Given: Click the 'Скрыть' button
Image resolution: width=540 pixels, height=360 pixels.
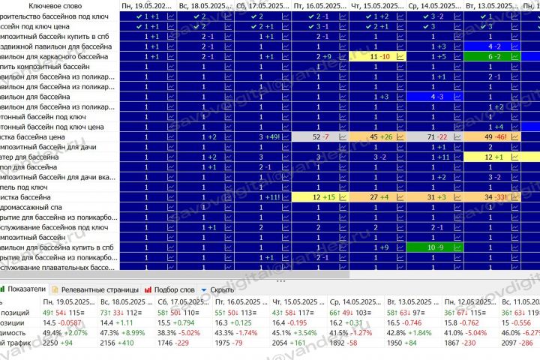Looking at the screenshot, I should [220, 289].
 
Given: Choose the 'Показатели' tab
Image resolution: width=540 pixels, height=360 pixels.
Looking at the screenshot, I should [27, 289].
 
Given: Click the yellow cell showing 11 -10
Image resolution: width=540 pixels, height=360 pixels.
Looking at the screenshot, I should [379, 56].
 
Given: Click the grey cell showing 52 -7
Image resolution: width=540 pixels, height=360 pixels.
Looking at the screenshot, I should [320, 136].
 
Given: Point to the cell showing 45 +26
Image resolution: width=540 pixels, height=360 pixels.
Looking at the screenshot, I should [379, 136].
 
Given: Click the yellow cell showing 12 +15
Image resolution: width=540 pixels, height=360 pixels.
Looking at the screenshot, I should [320, 196].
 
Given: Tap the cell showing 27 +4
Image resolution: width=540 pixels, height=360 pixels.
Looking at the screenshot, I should [379, 196].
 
